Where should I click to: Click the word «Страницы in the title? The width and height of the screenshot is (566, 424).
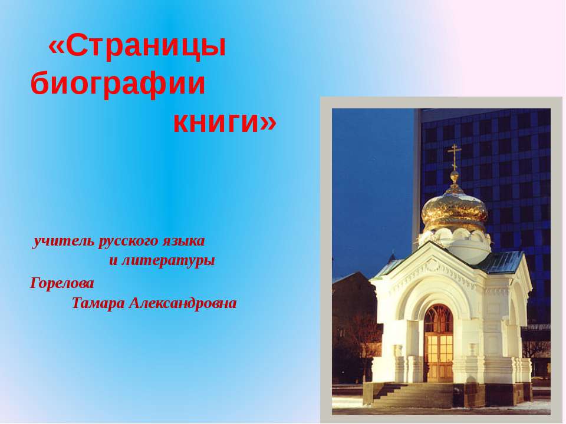click(x=137, y=47)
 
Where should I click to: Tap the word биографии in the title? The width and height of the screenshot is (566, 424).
click(x=118, y=84)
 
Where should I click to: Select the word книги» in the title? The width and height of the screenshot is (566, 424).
click(x=224, y=121)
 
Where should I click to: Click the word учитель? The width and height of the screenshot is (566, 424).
click(x=63, y=241)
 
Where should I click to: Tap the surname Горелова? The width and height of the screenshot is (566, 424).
click(x=62, y=283)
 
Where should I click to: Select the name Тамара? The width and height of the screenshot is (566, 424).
click(x=98, y=303)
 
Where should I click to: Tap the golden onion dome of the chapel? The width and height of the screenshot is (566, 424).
click(x=454, y=209)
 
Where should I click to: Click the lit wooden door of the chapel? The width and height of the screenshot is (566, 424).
click(x=439, y=357)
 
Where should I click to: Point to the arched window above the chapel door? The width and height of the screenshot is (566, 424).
click(x=439, y=319)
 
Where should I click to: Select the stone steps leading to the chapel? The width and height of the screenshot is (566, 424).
click(x=401, y=395)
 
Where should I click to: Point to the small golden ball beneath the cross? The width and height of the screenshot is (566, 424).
click(x=454, y=175)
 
